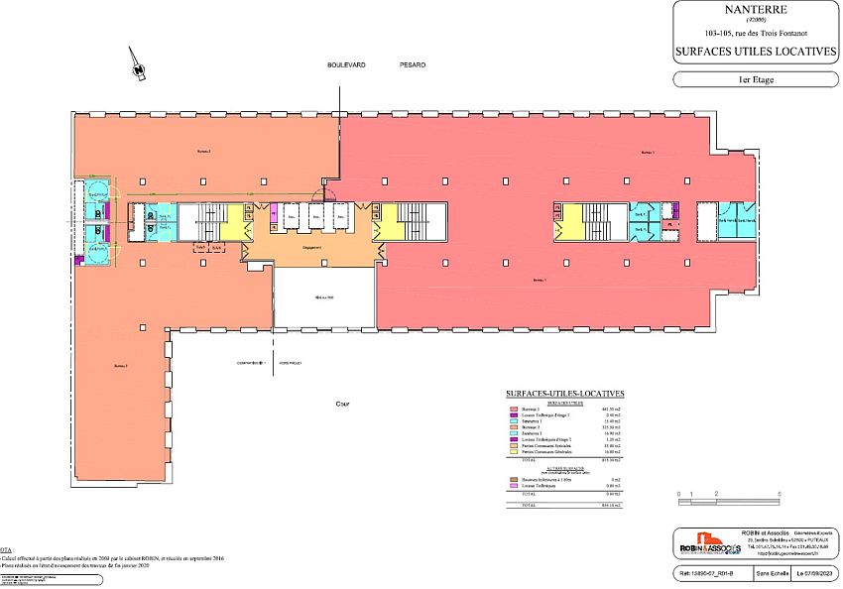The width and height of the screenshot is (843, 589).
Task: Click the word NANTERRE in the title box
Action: [757, 13]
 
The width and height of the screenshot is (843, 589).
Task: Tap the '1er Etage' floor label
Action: [757, 78]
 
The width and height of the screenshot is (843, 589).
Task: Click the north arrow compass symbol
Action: [138, 65]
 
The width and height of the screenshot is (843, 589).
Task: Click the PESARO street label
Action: [413, 64]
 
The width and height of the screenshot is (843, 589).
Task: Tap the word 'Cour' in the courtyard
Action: [342, 405]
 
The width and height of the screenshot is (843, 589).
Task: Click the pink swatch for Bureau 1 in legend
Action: [514, 409]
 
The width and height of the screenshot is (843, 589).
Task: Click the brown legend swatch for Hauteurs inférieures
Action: [514, 478]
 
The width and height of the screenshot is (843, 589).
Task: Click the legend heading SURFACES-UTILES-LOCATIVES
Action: [564, 394]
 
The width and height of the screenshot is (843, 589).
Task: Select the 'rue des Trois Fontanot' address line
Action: [757, 33]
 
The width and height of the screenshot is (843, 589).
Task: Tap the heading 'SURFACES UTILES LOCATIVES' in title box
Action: [757, 51]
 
